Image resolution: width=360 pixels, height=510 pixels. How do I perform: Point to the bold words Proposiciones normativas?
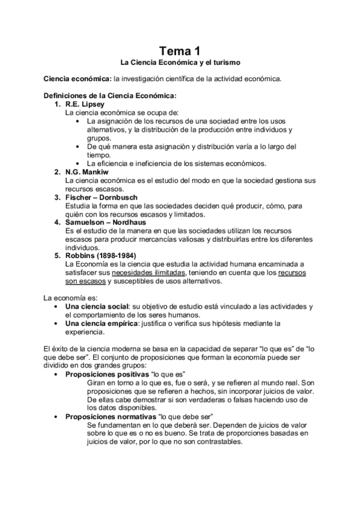click(x=109, y=416)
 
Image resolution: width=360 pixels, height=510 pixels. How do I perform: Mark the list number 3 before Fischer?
click(x=57, y=197)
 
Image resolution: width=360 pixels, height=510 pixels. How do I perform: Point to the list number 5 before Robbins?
click(x=57, y=255)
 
